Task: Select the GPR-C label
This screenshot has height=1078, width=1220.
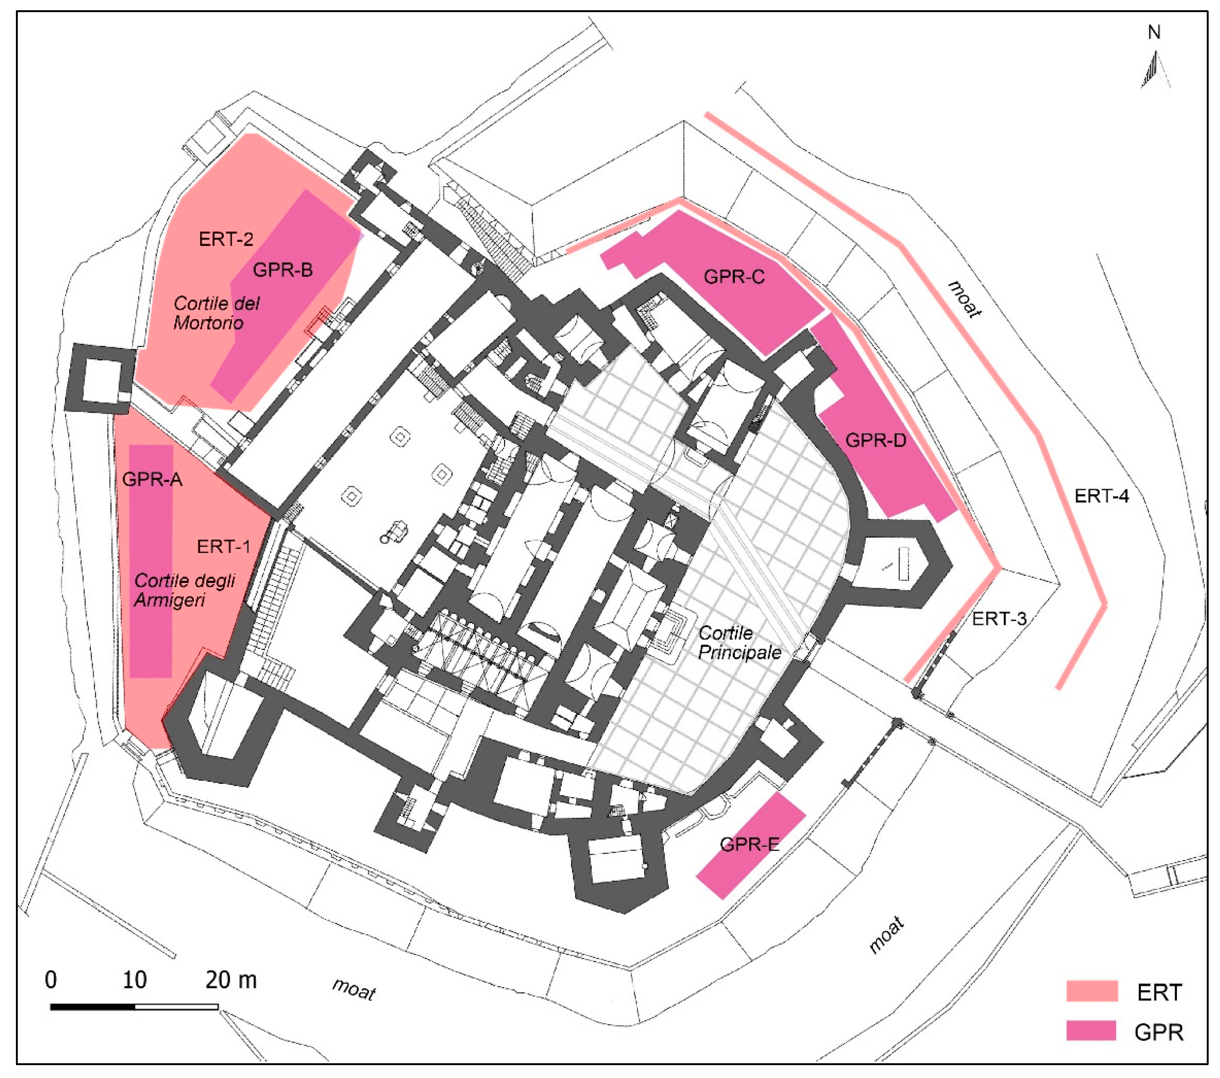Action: [x=734, y=277]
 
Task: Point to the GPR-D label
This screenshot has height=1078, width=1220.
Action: [x=876, y=441]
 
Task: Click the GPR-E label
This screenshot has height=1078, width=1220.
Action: [x=750, y=844]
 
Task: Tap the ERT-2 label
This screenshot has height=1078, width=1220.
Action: [x=226, y=239]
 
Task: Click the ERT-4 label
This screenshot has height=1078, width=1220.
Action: [x=1102, y=496]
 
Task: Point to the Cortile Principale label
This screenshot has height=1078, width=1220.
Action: [x=739, y=642]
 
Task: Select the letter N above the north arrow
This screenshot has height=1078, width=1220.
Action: [x=1154, y=33]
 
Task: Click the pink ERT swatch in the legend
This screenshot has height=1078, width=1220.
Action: [x=1092, y=991]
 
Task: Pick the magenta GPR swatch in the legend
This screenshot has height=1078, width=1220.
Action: [x=1092, y=1031]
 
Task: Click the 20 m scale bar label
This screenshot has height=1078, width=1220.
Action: [x=231, y=980]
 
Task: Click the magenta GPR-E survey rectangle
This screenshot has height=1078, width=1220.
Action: [x=751, y=845]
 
